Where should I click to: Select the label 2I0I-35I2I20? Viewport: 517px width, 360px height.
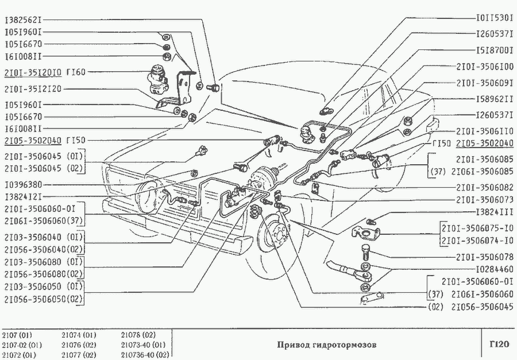(x=33, y=88)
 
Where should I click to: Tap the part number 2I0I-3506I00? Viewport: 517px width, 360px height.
(x=485, y=66)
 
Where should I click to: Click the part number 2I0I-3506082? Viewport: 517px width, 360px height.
(x=485, y=187)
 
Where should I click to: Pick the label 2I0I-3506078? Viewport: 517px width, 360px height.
(x=485, y=257)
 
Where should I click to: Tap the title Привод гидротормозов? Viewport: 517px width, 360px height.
(x=326, y=346)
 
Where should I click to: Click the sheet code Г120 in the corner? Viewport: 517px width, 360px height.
(x=499, y=345)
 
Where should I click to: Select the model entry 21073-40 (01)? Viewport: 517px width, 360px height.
(x=143, y=345)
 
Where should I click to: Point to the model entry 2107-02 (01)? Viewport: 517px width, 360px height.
(x=22, y=345)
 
